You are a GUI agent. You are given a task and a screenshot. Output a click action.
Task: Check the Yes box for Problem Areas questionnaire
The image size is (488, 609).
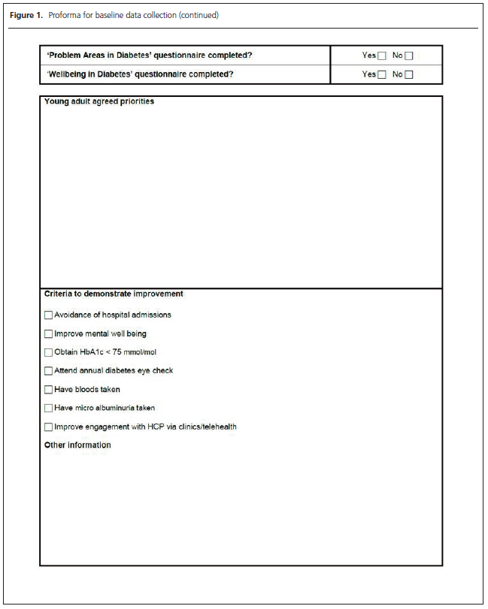coord(381,56)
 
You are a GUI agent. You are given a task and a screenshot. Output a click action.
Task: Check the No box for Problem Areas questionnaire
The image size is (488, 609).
coord(409,56)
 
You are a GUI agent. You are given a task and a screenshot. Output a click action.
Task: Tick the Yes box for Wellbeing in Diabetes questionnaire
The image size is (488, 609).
coord(381,74)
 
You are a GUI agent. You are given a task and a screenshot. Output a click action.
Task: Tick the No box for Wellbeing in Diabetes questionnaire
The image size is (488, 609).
coord(409,74)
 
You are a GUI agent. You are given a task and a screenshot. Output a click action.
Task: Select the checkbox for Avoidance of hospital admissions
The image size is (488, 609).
coord(49,315)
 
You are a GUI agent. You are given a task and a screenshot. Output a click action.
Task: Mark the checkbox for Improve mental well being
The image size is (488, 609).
coord(49,334)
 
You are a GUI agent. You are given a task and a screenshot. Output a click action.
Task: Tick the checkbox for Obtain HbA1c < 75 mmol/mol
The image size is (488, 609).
coord(49,352)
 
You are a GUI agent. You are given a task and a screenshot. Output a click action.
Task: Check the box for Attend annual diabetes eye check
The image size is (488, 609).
coord(49,371)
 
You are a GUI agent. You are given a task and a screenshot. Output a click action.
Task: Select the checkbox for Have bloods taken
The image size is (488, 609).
coord(49,390)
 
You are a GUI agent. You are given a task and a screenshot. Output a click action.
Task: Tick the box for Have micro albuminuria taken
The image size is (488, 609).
coord(49,409)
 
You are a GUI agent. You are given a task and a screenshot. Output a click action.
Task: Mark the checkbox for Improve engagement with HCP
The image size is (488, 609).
coord(49,427)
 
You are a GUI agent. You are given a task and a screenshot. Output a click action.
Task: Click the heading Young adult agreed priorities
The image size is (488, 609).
coord(99,101)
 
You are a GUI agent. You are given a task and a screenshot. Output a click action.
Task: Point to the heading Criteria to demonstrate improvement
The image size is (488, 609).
coord(114,294)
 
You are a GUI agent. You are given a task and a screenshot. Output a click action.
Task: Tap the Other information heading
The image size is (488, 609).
coord(77,445)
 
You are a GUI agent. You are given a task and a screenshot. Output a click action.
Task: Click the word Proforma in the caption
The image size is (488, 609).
coord(65,16)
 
